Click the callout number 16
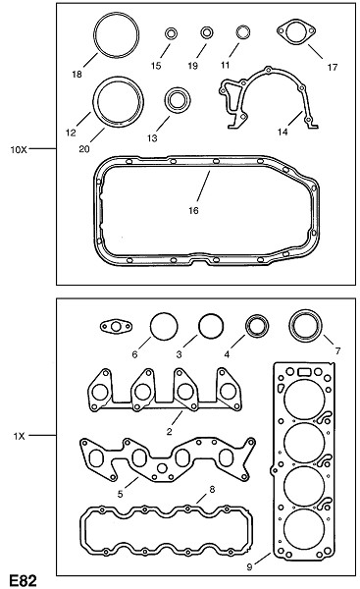[x=193, y=211]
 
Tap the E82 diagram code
[x=23, y=580]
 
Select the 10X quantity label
[x=19, y=150]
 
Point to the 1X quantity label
[x=19, y=436]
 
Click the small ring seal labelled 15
[x=171, y=33]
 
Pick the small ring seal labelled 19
[x=207, y=32]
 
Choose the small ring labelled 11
[x=243, y=32]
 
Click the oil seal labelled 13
[x=178, y=100]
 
